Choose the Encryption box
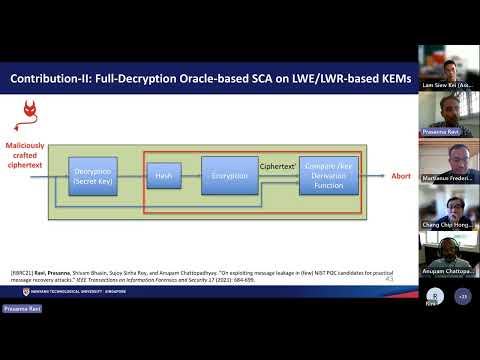[229, 177]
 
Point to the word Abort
[400, 176]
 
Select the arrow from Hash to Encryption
[190, 177]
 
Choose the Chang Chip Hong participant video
[448, 208]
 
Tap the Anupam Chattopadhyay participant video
[448, 255]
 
